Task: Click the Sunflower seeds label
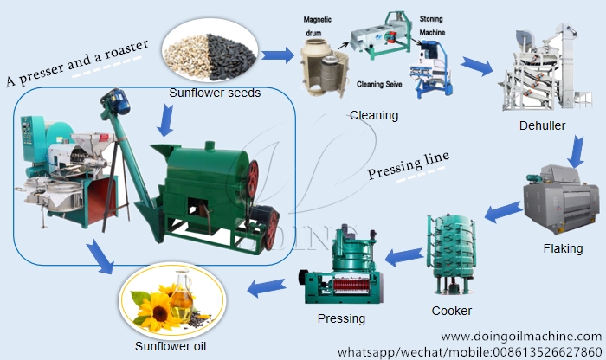[x=215, y=93]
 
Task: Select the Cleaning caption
[x=374, y=114]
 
